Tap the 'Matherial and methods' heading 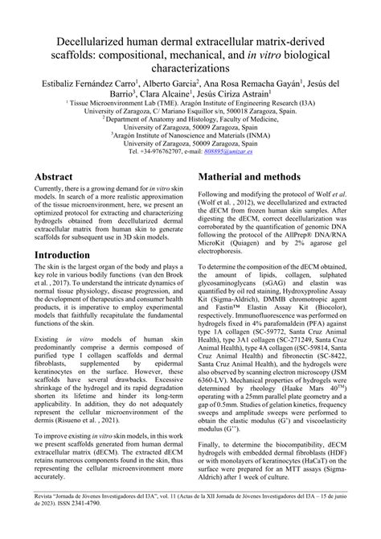coord(263,199)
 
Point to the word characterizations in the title coord(190,70)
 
